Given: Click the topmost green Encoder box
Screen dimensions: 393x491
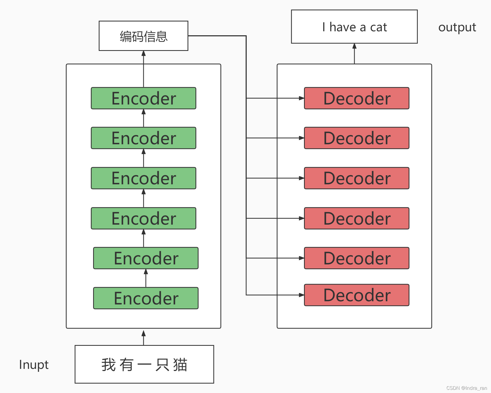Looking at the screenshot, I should (144, 98).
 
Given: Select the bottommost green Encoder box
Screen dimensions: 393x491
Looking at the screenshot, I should (146, 298).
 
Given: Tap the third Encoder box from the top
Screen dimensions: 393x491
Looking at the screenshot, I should (144, 178).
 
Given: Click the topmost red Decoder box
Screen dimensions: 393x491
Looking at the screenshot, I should (357, 98).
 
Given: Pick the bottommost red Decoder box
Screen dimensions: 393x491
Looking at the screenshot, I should (357, 295).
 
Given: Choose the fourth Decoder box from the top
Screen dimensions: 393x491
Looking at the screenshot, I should (357, 218).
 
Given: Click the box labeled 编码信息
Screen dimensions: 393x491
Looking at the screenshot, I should (144, 36).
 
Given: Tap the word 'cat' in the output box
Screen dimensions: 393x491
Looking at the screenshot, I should (379, 27).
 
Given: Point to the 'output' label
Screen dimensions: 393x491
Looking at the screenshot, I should (457, 27).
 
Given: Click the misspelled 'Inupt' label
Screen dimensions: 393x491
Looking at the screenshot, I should (34, 365).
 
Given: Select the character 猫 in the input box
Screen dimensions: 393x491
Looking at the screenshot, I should (180, 365).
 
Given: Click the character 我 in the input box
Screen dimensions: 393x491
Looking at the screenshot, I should (108, 365).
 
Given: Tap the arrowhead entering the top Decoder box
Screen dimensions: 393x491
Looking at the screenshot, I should (302, 98).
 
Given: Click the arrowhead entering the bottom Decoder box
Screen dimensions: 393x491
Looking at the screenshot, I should (302, 295).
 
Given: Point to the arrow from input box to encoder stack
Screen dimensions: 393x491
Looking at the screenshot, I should (144, 337).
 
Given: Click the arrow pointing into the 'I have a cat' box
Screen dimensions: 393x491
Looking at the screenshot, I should (354, 53).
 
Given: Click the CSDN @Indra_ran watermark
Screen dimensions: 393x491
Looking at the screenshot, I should (467, 388).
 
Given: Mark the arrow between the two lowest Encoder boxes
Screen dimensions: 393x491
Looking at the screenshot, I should (146, 278).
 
